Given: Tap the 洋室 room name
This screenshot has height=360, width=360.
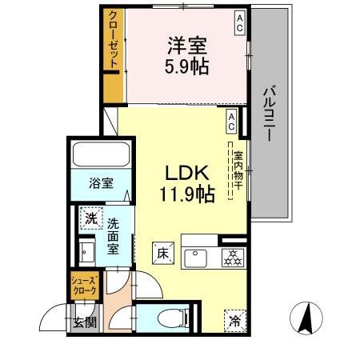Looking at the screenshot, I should coord(187,45).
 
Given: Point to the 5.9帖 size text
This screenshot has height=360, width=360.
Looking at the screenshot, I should coord(187,66).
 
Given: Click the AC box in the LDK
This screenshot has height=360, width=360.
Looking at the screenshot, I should coord(231,120).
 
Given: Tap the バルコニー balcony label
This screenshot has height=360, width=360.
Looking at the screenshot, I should coord(269,113).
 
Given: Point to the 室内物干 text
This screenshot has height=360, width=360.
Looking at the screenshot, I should coord(237,169).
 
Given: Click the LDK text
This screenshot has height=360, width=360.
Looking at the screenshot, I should coord(187,172).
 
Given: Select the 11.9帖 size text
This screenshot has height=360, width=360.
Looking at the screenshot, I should coord(187,194).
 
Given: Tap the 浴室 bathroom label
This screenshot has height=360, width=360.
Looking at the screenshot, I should coord(101,182).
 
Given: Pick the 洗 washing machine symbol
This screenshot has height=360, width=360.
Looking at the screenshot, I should coord(90,217).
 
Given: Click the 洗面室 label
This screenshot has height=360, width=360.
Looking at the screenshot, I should coord(113,236).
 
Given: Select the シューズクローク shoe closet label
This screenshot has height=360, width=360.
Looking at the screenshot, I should coord(84,286).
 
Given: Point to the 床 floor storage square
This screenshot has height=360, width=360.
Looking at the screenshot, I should coord(161,254).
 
